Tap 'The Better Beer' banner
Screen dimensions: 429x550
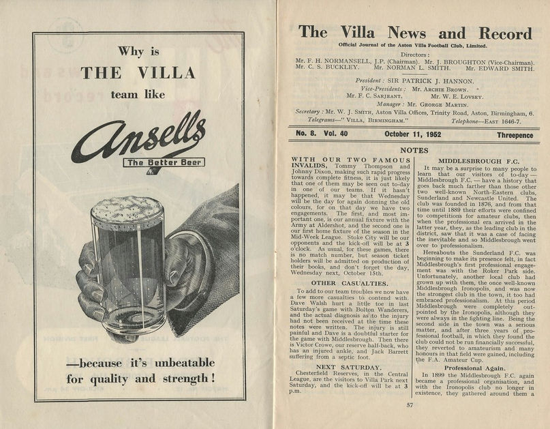click(x=162, y=162)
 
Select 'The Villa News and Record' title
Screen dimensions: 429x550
click(x=414, y=33)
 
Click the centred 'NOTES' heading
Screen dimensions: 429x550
click(x=414, y=149)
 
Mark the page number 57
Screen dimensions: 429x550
click(x=410, y=404)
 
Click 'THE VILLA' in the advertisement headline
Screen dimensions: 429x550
click(x=138, y=73)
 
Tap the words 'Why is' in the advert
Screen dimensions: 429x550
click(x=138, y=51)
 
